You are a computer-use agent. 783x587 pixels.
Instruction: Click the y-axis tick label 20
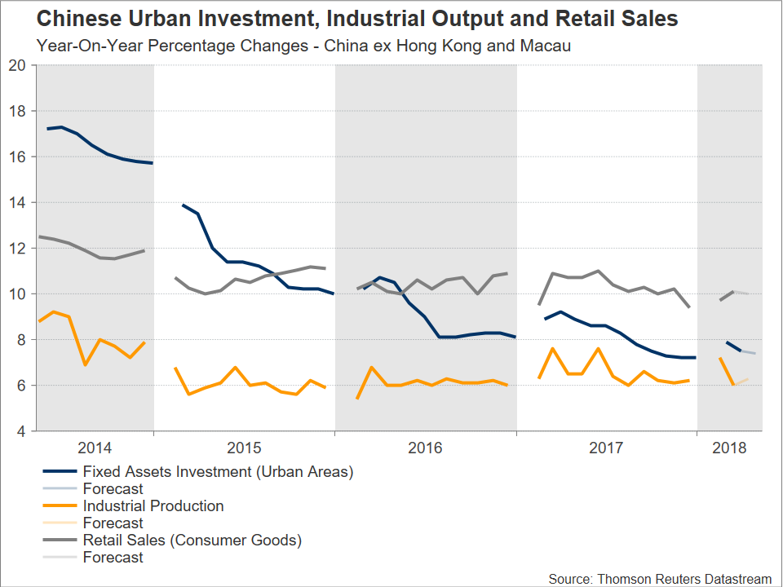[18, 65]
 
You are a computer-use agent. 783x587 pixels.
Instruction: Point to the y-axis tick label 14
[18, 202]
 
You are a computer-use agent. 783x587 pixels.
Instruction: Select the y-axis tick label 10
[18, 293]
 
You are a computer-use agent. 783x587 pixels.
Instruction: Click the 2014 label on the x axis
[95, 448]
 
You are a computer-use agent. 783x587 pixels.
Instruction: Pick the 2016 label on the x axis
[426, 448]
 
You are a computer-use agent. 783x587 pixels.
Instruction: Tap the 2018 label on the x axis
[729, 448]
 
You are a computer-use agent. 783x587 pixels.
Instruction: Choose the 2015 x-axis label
[244, 448]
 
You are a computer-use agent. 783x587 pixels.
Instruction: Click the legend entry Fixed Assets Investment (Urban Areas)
[218, 471]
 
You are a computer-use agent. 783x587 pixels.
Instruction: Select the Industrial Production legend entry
[153, 505]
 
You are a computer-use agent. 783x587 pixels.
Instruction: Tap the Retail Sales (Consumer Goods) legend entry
[192, 540]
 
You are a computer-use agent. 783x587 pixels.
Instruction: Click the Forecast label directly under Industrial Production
[113, 523]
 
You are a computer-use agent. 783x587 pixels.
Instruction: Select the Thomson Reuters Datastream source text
[660, 578]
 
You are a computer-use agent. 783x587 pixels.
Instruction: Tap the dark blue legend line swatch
[58, 471]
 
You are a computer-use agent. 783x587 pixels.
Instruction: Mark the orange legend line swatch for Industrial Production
[58, 505]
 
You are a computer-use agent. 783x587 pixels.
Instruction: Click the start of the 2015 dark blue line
[182, 205]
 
